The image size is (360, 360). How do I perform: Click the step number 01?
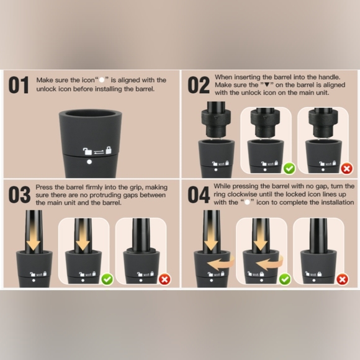coord(19,85)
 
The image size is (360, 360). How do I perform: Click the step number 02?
coord(199,85)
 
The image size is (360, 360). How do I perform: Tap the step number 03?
coord(19,195)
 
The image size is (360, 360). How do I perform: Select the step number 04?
coord(199,195)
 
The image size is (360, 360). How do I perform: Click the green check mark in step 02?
coord(289,169)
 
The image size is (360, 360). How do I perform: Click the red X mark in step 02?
coord(347,169)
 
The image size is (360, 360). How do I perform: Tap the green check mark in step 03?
coord(107,279)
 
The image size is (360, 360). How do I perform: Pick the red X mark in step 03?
coord(164,279)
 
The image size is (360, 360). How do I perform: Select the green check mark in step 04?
coord(285,279)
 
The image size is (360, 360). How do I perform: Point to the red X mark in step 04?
coord(343,279)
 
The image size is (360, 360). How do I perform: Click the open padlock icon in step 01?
coord(88,151)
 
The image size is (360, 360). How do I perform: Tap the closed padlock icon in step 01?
coord(109,150)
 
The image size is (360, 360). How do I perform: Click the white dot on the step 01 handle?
coord(89,162)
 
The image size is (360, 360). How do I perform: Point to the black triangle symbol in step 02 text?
coord(267,84)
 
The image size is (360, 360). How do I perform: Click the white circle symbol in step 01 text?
coord(102,80)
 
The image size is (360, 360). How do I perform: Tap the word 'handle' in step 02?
coord(328,77)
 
